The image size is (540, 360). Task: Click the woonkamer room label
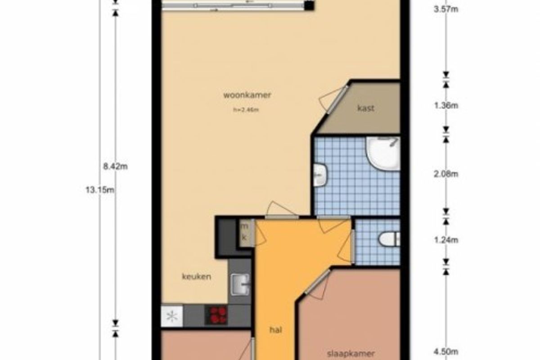(247, 95)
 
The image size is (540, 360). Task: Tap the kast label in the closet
(366, 108)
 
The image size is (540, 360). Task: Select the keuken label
(197, 276)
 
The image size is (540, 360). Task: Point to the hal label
(275, 329)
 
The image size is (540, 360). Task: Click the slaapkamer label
(351, 354)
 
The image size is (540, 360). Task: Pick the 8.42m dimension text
(116, 166)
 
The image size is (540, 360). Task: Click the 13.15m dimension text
(100, 190)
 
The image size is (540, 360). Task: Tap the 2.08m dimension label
(446, 174)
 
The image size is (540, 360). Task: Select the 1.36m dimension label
(446, 105)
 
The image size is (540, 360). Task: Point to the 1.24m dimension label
(446, 240)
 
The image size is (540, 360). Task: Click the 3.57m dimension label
(446, 9)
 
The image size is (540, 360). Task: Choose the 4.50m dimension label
(446, 352)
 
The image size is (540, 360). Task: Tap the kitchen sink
(240, 285)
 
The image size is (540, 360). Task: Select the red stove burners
(218, 315)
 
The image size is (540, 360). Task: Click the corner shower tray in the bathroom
(383, 153)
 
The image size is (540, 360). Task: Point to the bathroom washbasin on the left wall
(320, 175)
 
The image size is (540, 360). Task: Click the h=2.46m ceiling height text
(246, 110)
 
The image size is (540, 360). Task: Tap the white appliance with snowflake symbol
(172, 316)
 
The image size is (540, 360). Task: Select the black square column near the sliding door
(309, 6)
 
